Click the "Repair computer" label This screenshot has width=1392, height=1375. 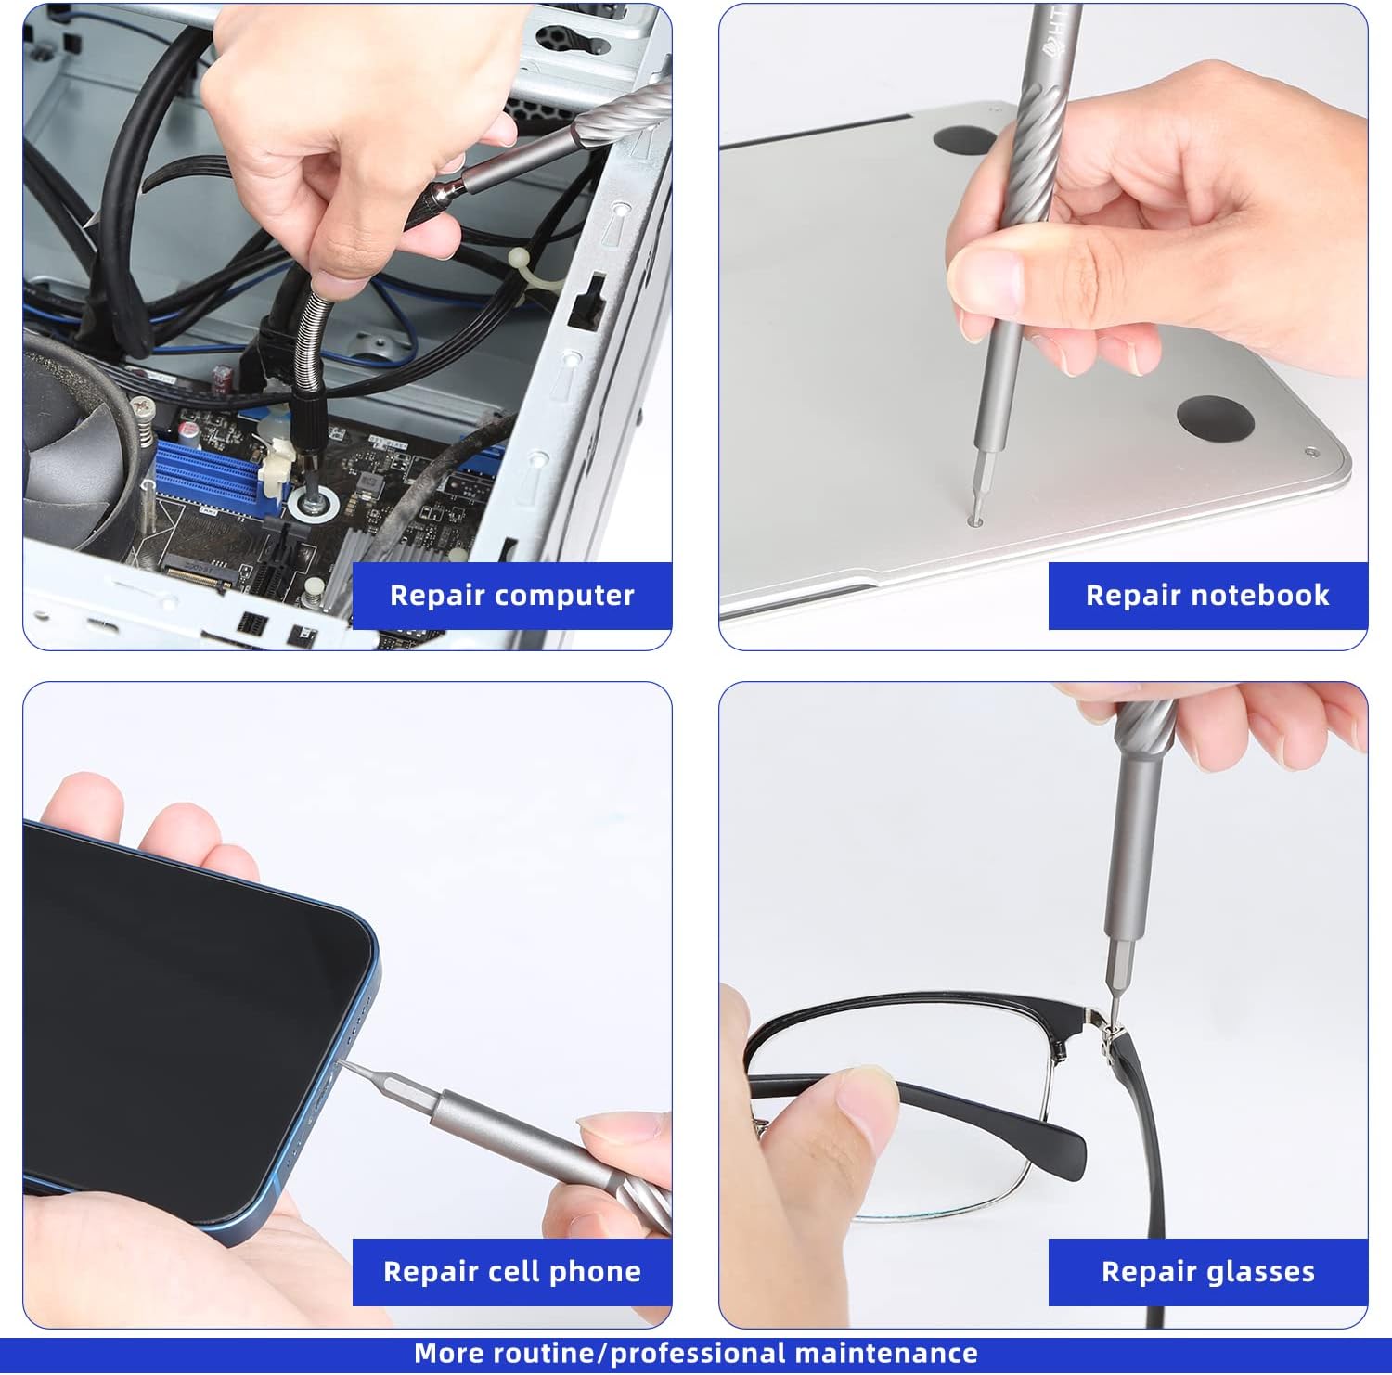(x=512, y=595)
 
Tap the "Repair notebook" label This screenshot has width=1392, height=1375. (x=1207, y=595)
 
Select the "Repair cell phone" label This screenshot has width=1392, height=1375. (x=512, y=1271)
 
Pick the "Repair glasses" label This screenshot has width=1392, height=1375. (x=1208, y=1271)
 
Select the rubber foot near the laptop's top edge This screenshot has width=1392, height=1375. (x=965, y=140)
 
